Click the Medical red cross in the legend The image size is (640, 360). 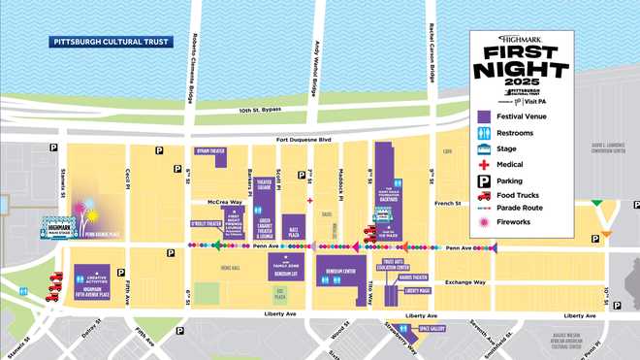(483, 165)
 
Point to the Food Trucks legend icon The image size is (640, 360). (483, 194)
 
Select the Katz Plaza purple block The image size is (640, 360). (292, 227)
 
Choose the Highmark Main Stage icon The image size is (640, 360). (54, 227)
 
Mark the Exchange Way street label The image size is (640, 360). (465, 282)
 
